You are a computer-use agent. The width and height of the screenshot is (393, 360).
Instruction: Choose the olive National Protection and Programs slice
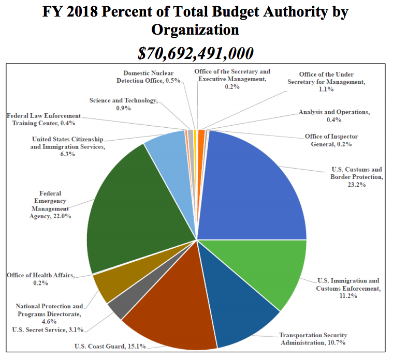[x=106, y=284]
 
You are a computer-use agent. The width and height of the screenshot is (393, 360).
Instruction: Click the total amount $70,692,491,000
[x=196, y=53]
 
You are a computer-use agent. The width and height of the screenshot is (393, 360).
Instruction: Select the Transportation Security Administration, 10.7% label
[x=313, y=339]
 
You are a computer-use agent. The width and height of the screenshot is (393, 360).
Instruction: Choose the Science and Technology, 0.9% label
[x=123, y=104]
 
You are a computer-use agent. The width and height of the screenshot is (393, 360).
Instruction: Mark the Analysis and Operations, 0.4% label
[x=334, y=116]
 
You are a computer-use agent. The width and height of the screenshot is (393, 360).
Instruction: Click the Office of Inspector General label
[x=331, y=140]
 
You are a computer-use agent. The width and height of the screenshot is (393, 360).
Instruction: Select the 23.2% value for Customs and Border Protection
[x=357, y=185]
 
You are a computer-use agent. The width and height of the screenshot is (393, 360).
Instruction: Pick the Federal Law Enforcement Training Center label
[x=44, y=119]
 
